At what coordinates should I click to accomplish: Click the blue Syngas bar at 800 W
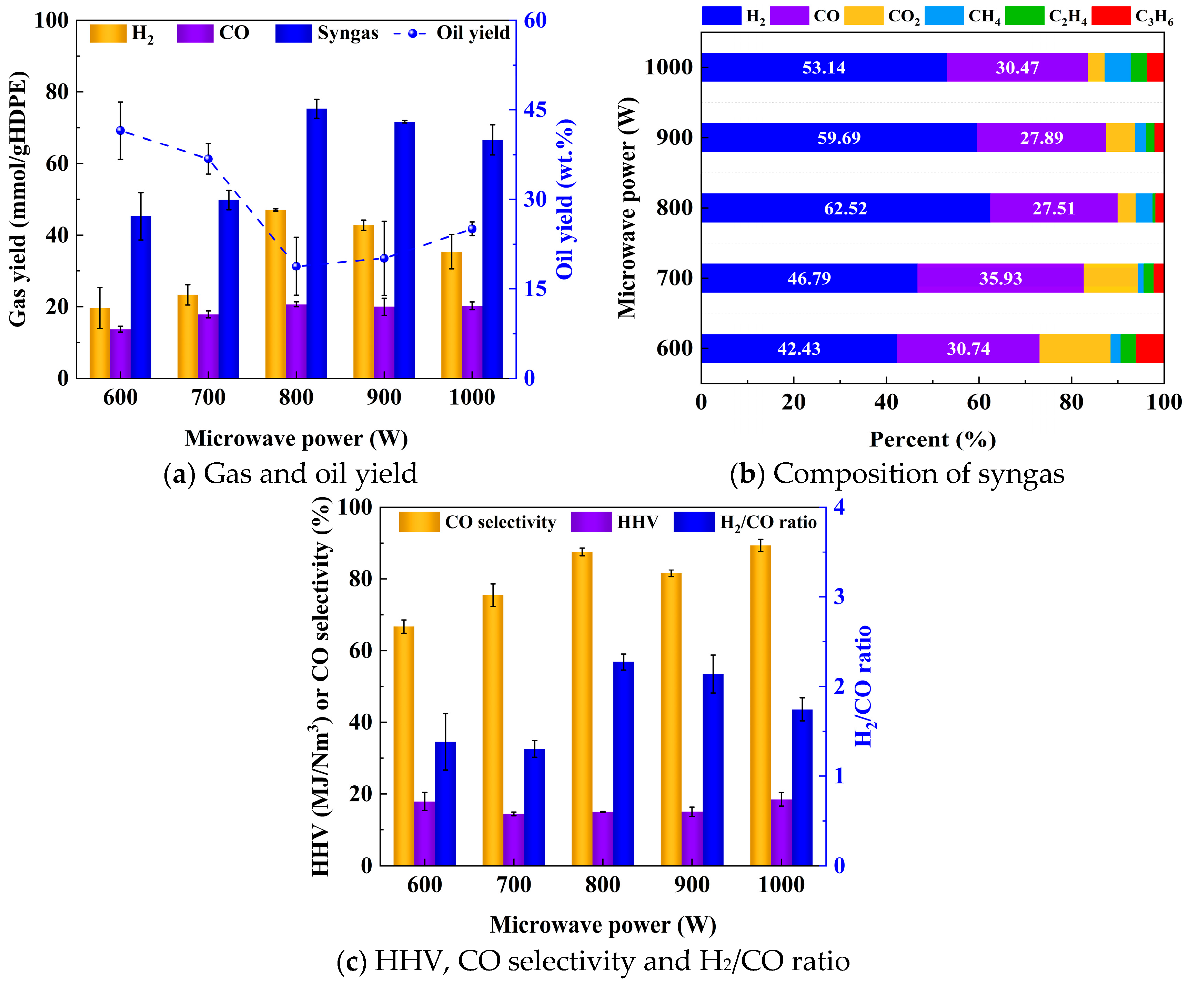click(x=317, y=243)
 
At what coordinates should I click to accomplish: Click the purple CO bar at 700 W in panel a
click(x=208, y=346)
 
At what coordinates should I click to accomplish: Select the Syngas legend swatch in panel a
click(x=293, y=33)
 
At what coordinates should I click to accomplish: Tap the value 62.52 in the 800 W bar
click(x=845, y=208)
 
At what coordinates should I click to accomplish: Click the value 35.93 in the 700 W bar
click(x=1000, y=278)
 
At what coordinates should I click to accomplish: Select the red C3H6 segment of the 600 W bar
click(x=1149, y=349)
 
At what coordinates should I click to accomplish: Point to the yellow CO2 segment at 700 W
click(x=1110, y=278)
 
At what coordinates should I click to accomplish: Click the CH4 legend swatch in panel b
click(x=944, y=16)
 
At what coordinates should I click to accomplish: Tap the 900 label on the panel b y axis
click(x=674, y=138)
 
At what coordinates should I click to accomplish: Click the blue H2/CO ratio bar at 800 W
click(x=623, y=764)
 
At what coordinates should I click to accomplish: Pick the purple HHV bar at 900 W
click(x=692, y=839)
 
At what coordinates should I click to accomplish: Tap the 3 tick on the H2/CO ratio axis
click(x=839, y=596)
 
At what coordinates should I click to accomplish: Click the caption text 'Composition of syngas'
click(x=918, y=474)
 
